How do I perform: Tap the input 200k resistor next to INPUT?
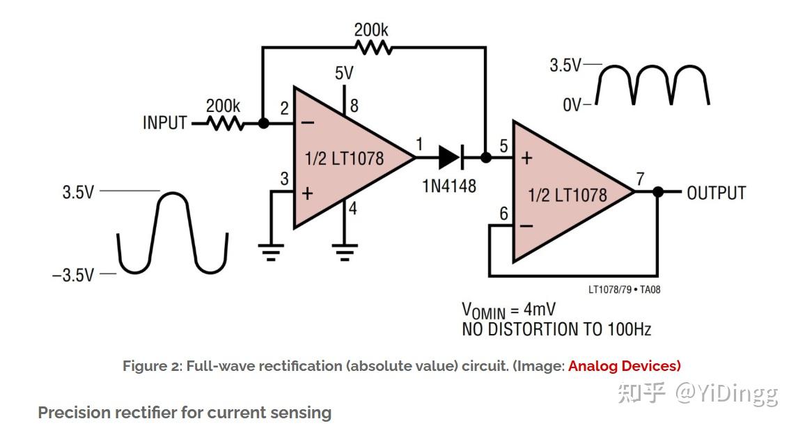(x=224, y=123)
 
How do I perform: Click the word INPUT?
(x=165, y=123)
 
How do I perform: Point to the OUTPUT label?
(x=716, y=193)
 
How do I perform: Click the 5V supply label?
(x=344, y=73)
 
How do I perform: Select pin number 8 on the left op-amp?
(x=354, y=106)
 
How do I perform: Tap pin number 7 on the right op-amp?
(x=641, y=179)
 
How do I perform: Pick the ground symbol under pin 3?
(x=271, y=251)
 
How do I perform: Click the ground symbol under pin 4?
(x=344, y=251)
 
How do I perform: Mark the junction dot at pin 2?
(x=263, y=123)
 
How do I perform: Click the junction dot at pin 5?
(x=486, y=158)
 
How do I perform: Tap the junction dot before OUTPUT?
(x=657, y=192)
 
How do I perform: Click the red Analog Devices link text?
(x=624, y=365)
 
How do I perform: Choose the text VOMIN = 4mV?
(x=508, y=310)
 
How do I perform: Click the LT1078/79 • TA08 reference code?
(x=624, y=289)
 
